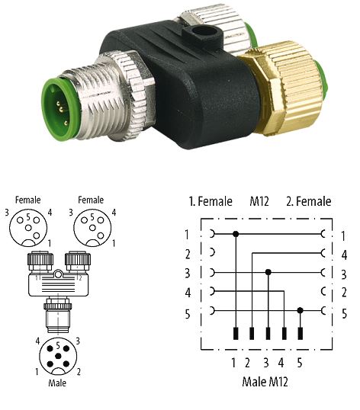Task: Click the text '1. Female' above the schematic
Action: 211,201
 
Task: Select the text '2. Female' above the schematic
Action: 309,201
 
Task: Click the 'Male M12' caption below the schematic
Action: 265,382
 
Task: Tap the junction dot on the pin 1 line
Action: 236,234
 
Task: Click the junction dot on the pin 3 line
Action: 268,272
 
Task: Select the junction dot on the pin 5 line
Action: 300,311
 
